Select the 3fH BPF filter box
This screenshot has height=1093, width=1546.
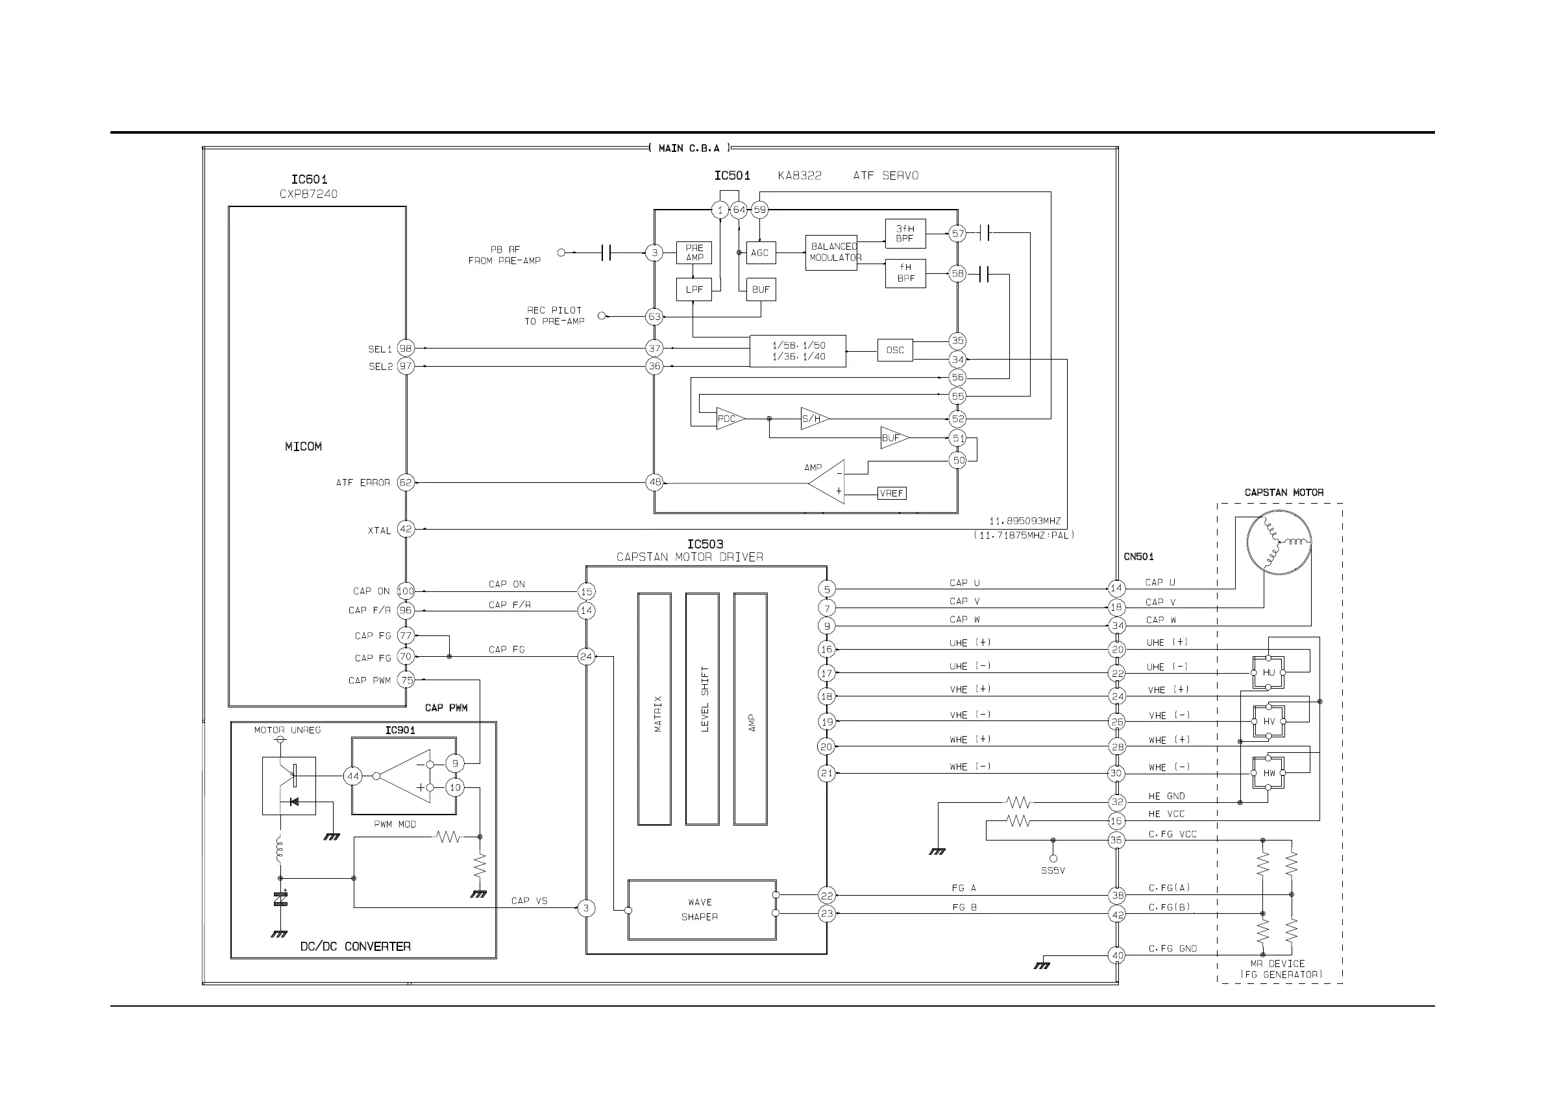[x=905, y=234]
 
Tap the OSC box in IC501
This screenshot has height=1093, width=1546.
[x=895, y=350]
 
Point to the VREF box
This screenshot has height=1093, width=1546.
[x=892, y=494]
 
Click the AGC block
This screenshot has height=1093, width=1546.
[x=759, y=252]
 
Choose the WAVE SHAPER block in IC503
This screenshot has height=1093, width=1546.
[x=702, y=910]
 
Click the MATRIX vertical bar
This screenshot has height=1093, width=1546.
[x=654, y=709]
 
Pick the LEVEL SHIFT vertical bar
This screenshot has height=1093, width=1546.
[x=702, y=709]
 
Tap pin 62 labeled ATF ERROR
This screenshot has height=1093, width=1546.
[x=406, y=482]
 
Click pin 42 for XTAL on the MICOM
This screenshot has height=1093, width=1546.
[x=406, y=529]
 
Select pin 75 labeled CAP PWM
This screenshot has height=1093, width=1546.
[x=406, y=680]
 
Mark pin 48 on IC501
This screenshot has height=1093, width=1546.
[x=654, y=482]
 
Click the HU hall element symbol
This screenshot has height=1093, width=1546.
[x=1269, y=673]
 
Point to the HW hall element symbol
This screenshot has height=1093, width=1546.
[x=1269, y=773]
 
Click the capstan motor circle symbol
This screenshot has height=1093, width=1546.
[x=1279, y=542]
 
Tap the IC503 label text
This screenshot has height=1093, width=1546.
[x=705, y=544]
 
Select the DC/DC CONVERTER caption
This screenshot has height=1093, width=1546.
[x=355, y=946]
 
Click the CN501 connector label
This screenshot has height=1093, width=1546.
[x=1138, y=556]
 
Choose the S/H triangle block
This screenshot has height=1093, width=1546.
[x=813, y=419]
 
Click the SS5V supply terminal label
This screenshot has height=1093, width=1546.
[x=1053, y=871]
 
